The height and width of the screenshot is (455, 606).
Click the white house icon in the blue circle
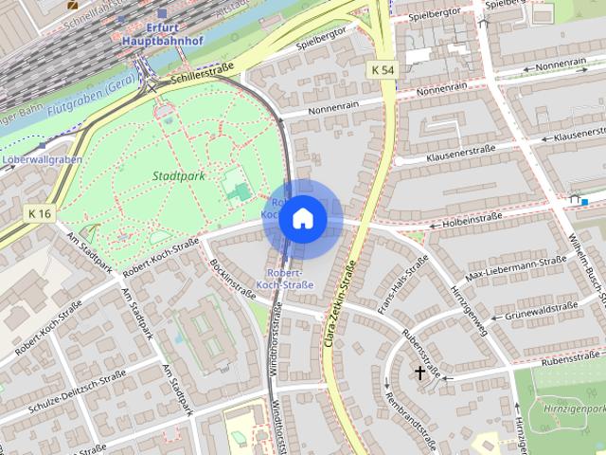click(302, 218)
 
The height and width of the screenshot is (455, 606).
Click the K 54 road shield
click(383, 70)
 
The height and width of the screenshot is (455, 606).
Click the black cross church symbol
click(419, 373)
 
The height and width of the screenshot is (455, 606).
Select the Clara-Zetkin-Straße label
click(342, 293)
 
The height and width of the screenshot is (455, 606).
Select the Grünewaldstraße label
click(541, 310)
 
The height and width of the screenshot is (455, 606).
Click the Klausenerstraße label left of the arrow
click(461, 155)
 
